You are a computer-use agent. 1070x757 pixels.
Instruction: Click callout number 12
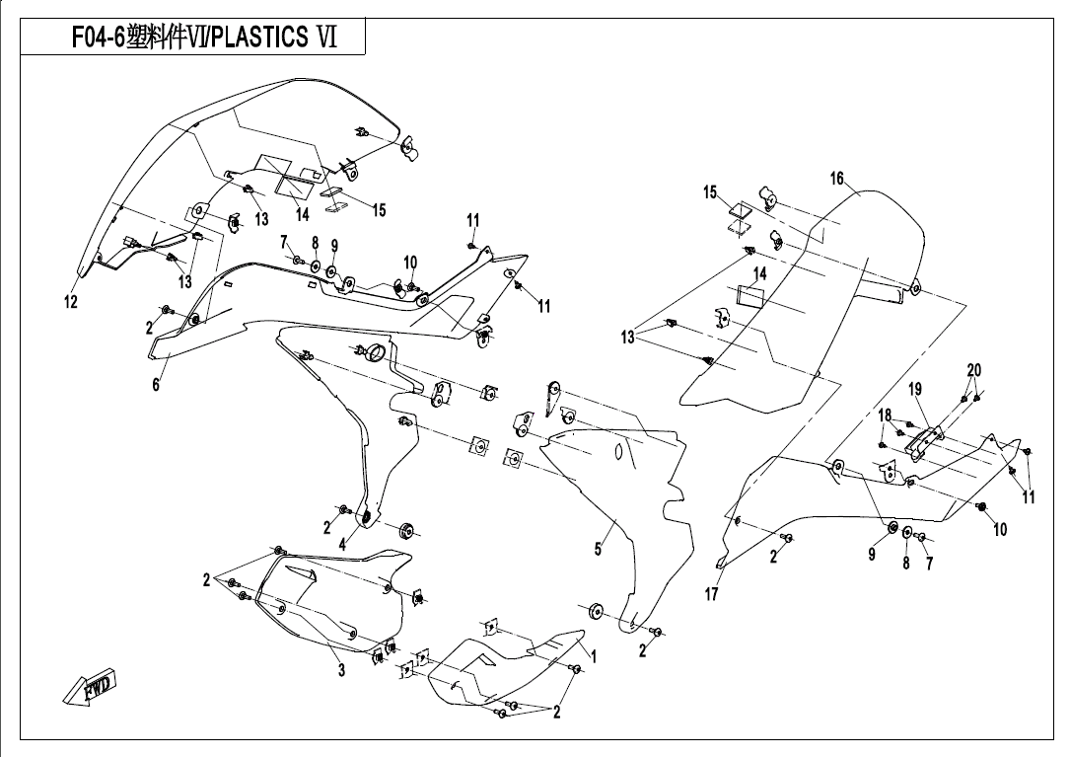(71, 303)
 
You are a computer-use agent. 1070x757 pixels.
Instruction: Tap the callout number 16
(837, 179)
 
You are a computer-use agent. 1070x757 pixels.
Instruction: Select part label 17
(712, 595)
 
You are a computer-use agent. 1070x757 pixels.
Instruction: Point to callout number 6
(156, 385)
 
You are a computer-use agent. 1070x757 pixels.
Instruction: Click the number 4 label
(342, 543)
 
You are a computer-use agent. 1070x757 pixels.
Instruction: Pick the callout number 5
(598, 550)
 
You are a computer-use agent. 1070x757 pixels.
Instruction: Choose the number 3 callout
(341, 672)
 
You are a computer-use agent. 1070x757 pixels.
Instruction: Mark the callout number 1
(594, 653)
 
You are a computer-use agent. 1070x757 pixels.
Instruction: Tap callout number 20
(973, 370)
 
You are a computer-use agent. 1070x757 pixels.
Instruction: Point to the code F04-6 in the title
(100, 38)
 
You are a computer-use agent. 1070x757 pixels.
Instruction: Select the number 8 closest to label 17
(906, 564)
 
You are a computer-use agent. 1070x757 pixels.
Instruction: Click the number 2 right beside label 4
(327, 526)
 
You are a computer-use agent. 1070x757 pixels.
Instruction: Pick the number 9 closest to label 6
(334, 245)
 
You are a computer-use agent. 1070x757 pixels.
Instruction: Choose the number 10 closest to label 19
(1000, 530)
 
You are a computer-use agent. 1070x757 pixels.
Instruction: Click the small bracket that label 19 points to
(921, 441)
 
